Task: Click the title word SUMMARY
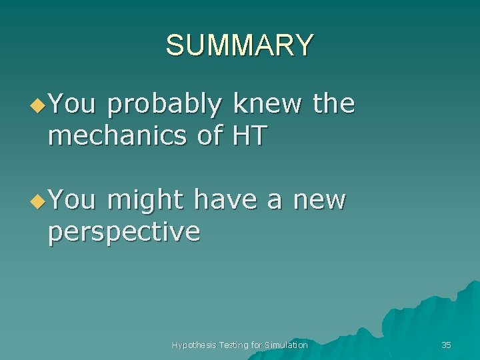click(x=239, y=45)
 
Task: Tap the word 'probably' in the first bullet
click(x=163, y=105)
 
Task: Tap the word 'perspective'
click(x=124, y=232)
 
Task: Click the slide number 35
click(x=446, y=345)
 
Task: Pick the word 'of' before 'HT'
click(x=209, y=135)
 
